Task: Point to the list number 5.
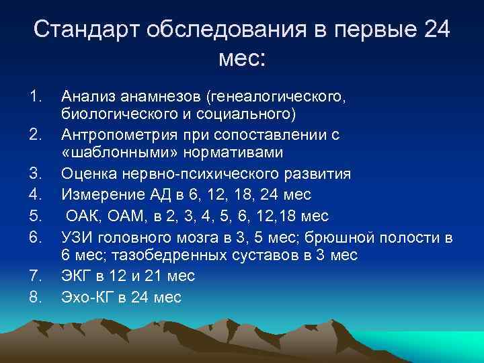(x=36, y=216)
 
